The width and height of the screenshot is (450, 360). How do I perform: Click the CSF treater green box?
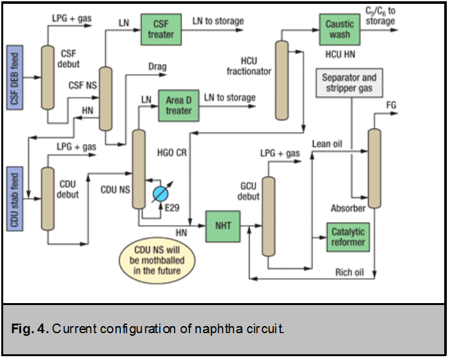(x=161, y=29)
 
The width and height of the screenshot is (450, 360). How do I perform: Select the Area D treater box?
(x=179, y=106)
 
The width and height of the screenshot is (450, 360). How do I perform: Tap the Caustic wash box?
(x=339, y=29)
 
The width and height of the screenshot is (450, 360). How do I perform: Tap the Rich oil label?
(x=350, y=273)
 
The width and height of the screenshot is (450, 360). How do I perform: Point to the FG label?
(x=392, y=104)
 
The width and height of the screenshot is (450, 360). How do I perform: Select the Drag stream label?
(x=158, y=66)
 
